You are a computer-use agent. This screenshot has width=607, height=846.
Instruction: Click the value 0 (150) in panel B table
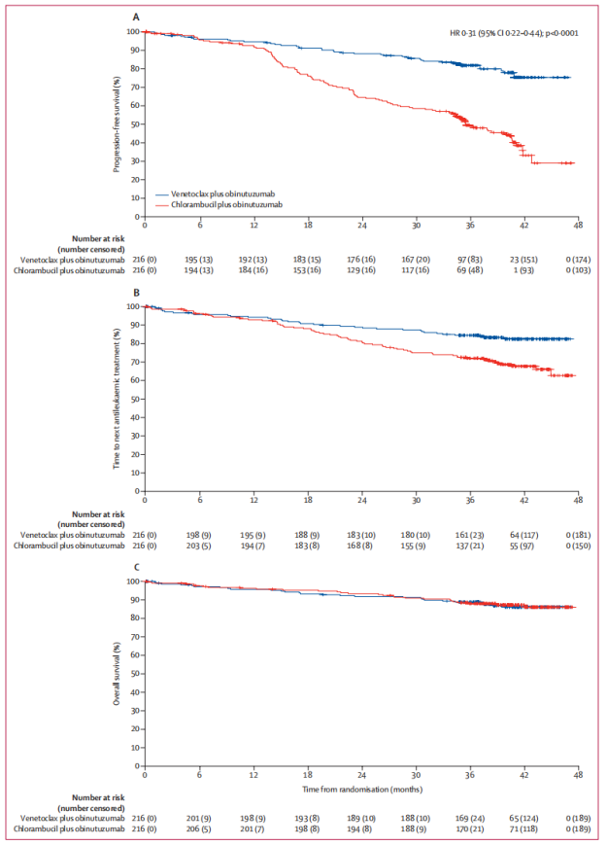point(579,546)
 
